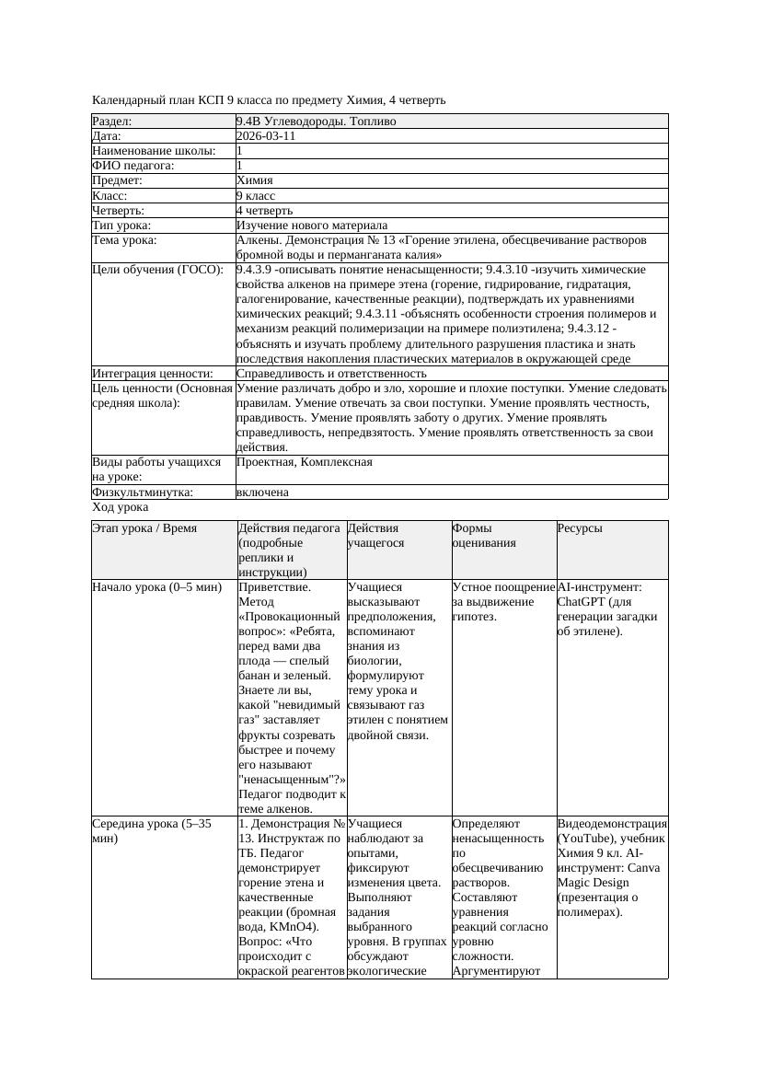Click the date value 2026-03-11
pos(266,136)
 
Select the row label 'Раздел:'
pos(112,122)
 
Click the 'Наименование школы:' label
pos(154,151)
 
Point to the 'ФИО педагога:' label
pos(133,166)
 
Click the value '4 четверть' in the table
pos(264,211)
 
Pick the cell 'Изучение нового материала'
pos(312,226)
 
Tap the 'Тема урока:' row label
pos(125,240)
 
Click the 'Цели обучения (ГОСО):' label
pos(157,270)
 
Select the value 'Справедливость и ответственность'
pos(331,374)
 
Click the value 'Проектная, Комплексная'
pos(305,462)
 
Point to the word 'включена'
pos(262,492)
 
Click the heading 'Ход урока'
pos(121,507)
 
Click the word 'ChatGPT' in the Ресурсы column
pos(582,602)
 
